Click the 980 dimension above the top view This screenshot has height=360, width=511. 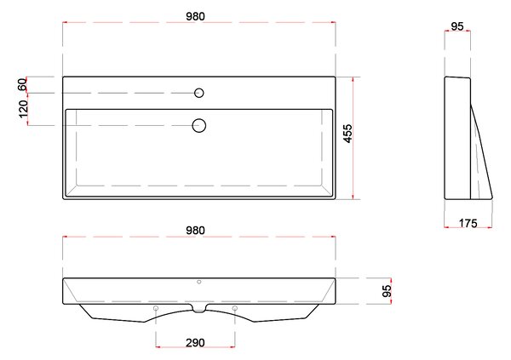pos(196,16)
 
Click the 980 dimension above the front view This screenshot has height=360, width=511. pos(196,231)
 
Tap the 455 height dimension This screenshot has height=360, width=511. pos(348,134)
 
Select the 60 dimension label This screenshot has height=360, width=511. pos(22,85)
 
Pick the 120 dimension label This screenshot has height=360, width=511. pos(23,109)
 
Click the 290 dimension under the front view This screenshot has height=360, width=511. pos(196,343)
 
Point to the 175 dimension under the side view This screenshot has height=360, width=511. pos(468,223)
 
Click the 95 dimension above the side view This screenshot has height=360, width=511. pos(457,26)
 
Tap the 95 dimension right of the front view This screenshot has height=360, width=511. pos(387,291)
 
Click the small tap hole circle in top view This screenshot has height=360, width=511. pos(199,93)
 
